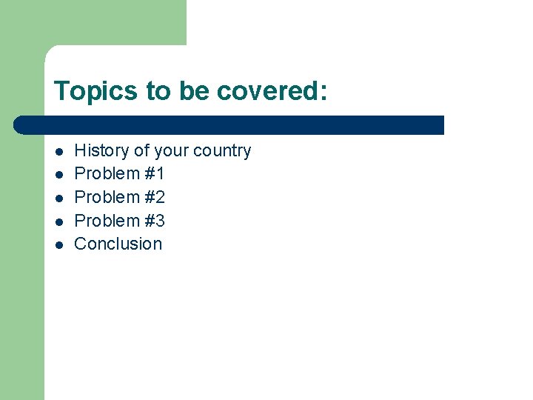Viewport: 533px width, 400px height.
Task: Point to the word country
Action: [221, 151]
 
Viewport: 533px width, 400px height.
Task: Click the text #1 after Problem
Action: [155, 174]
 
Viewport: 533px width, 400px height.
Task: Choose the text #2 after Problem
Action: [155, 198]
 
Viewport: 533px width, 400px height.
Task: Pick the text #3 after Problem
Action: [155, 221]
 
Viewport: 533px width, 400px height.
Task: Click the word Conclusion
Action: [118, 244]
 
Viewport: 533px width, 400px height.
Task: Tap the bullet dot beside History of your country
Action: [58, 152]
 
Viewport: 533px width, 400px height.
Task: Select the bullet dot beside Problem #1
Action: [58, 175]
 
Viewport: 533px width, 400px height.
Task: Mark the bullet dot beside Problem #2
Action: [58, 199]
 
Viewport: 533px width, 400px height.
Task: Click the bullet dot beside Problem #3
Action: [58, 221]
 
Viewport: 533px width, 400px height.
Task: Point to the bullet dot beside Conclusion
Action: [58, 244]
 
